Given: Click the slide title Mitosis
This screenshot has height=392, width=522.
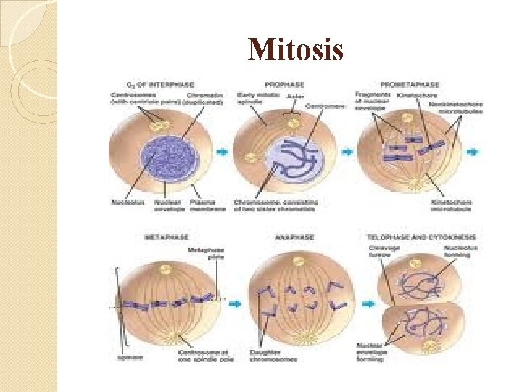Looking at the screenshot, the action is pyautogui.click(x=295, y=50).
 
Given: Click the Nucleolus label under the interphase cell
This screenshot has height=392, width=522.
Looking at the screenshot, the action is pyautogui.click(x=125, y=203).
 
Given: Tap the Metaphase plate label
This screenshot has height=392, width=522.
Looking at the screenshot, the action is pyautogui.click(x=205, y=253).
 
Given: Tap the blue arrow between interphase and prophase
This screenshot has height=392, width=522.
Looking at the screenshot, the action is pyautogui.click(x=223, y=152).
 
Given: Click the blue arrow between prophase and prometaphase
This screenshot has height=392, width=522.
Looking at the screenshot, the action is pyautogui.click(x=347, y=152).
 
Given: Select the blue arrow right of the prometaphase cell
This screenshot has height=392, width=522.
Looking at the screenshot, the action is pyautogui.click(x=473, y=152).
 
